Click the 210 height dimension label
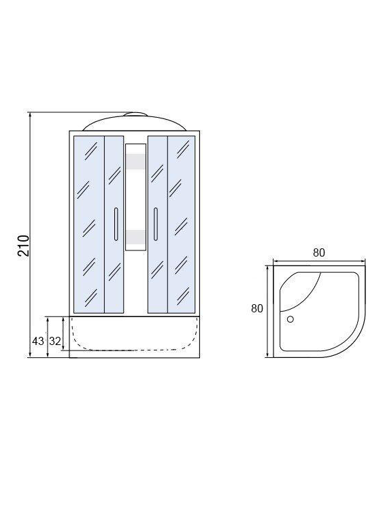click(23, 246)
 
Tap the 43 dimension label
click(37, 341)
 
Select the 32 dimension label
click(55, 341)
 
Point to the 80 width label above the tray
click(318, 252)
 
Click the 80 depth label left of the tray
click(257, 308)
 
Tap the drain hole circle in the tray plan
click(291, 319)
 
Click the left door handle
click(116, 224)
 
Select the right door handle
click(156, 224)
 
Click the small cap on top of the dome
click(135, 114)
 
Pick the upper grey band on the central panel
click(135, 161)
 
